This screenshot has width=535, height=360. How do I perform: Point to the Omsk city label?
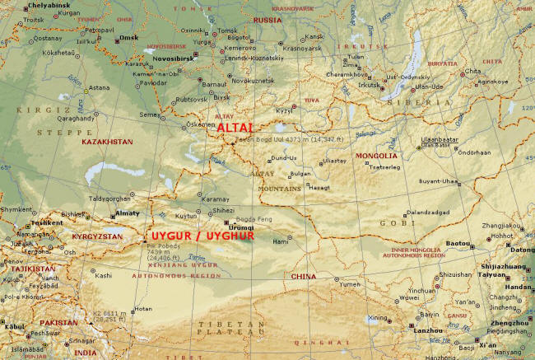pos(128,38)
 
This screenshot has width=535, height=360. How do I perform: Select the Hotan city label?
pos(143,309)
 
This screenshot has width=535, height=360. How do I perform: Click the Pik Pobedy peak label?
pos(159,245)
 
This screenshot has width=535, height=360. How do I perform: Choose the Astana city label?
pos(99,87)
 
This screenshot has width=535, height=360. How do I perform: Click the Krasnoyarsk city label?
pos(302,49)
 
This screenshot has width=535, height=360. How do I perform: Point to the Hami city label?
pos(281,241)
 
